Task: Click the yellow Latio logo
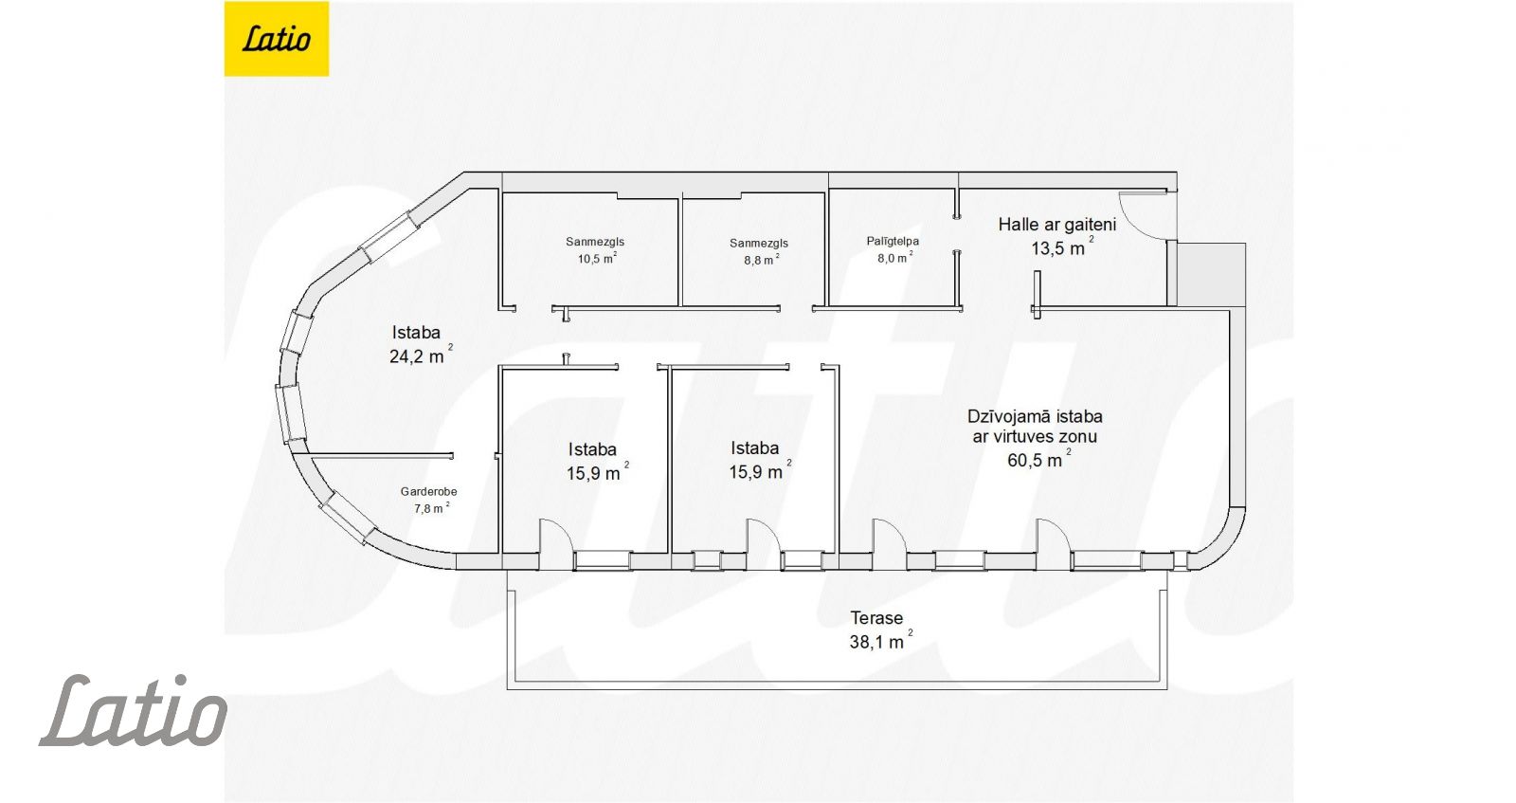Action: pyautogui.click(x=276, y=39)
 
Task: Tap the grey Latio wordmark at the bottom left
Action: pyautogui.click(x=134, y=710)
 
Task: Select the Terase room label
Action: pyautogui.click(x=876, y=618)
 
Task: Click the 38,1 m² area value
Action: pyautogui.click(x=880, y=641)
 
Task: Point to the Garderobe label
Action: pyautogui.click(x=428, y=491)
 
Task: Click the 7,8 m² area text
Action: pyautogui.click(x=432, y=508)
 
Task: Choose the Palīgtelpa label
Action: pyautogui.click(x=893, y=241)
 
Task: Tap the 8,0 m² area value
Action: pyautogui.click(x=894, y=257)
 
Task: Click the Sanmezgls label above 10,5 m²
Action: pyautogui.click(x=595, y=242)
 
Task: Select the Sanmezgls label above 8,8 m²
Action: pyautogui.click(x=759, y=243)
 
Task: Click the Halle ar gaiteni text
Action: pyautogui.click(x=1056, y=224)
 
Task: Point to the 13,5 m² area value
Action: pyautogui.click(x=1062, y=247)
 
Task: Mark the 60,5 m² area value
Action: pyautogui.click(x=1038, y=459)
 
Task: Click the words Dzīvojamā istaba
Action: pyautogui.click(x=1035, y=416)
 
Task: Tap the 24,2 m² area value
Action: pyautogui.click(x=421, y=355)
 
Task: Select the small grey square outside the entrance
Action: pyautogui.click(x=1211, y=274)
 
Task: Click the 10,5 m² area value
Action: pyautogui.click(x=596, y=258)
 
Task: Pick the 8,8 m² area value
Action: pyautogui.click(x=762, y=260)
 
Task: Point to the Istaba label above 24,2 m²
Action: pyautogui.click(x=416, y=333)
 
